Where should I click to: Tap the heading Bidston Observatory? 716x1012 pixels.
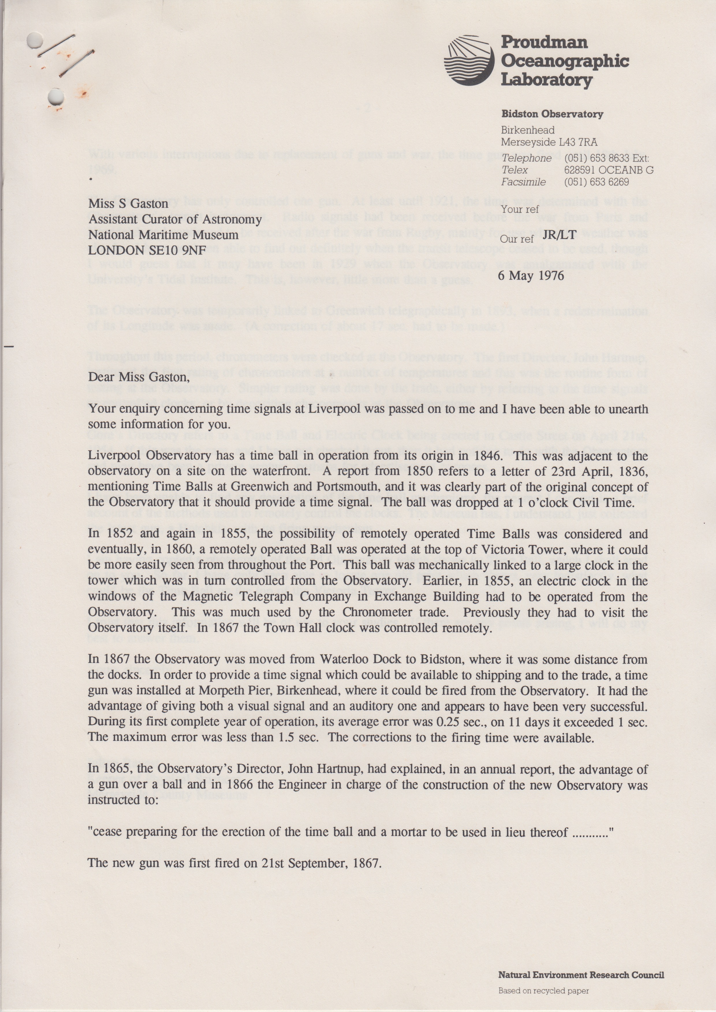[x=552, y=114]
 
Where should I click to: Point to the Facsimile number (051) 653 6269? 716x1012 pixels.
[x=596, y=182]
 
